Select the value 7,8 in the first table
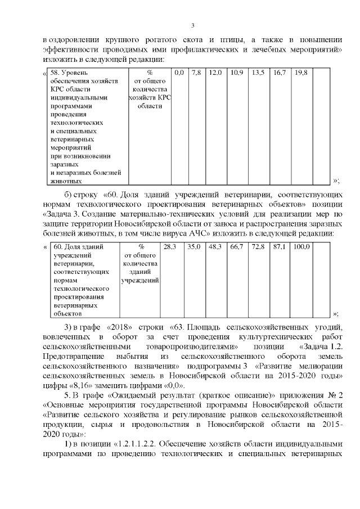(196, 73)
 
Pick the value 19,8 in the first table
(301, 73)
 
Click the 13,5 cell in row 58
(258, 73)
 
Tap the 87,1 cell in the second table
(280, 247)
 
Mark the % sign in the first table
(149, 73)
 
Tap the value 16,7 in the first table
(280, 73)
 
